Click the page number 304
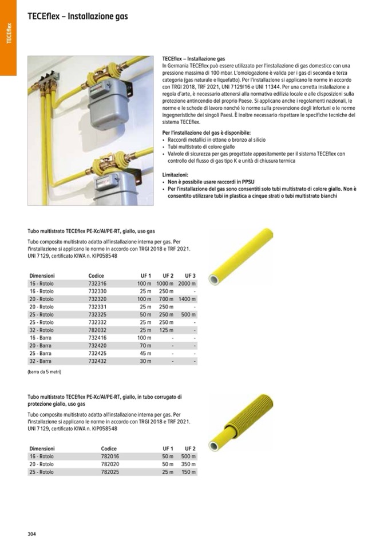click(x=32, y=534)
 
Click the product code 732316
click(x=97, y=283)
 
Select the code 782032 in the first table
click(x=97, y=330)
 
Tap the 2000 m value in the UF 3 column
click(x=187, y=283)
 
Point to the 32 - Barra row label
click(x=41, y=361)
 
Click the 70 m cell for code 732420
click(x=145, y=346)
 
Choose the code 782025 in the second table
click(x=110, y=472)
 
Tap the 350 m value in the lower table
click(x=188, y=465)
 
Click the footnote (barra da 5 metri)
click(x=44, y=372)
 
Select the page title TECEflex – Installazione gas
click(x=77, y=17)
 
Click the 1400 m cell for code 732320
click(x=187, y=299)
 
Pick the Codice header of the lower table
click(x=109, y=449)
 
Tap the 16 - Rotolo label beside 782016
click(x=42, y=457)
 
